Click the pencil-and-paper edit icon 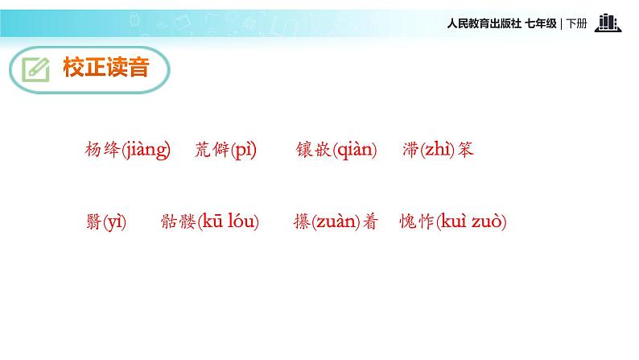[x=35, y=70]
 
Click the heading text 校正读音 [x=106, y=68]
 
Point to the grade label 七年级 [x=540, y=24]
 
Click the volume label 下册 [x=577, y=24]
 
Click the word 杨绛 [x=102, y=150]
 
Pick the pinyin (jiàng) [x=146, y=150]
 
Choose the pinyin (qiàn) [x=354, y=150]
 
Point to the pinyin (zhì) [x=438, y=150]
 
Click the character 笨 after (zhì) [x=465, y=150]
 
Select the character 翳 [x=93, y=222]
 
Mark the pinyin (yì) [x=115, y=222]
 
